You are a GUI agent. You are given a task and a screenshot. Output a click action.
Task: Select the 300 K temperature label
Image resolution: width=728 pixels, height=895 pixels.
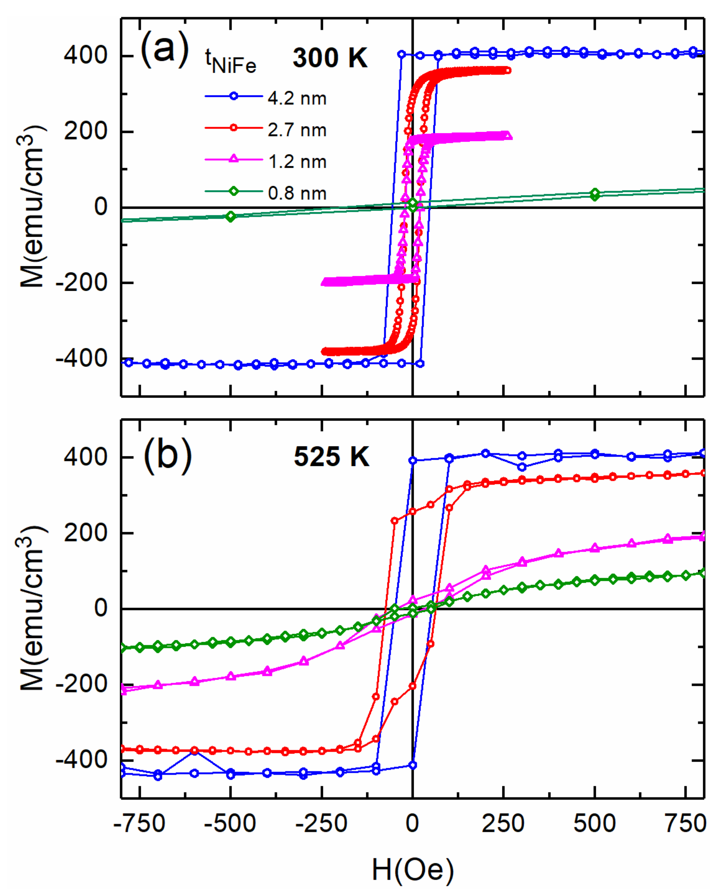point(330,58)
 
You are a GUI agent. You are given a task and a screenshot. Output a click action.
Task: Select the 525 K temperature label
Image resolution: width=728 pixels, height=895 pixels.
point(331,456)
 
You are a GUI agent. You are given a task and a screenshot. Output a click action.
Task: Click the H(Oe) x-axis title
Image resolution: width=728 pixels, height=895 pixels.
point(412,870)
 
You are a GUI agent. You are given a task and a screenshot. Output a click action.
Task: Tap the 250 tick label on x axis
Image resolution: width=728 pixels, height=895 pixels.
point(503,824)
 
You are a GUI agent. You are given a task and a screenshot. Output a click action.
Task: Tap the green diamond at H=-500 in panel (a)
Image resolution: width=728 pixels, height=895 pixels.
point(230,217)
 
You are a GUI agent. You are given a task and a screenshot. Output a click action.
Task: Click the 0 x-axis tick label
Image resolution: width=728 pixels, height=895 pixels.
point(412,824)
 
